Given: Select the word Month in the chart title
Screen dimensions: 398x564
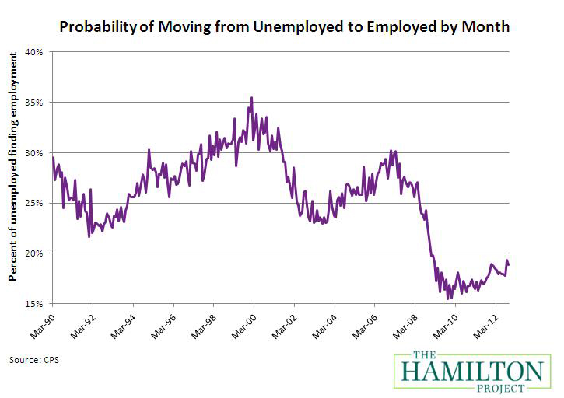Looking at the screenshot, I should [x=487, y=28].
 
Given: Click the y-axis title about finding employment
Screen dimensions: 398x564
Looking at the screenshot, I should [x=13, y=178].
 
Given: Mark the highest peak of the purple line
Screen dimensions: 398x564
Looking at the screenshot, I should [x=251, y=98].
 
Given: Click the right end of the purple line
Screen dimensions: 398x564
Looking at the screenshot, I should [x=508, y=265].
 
